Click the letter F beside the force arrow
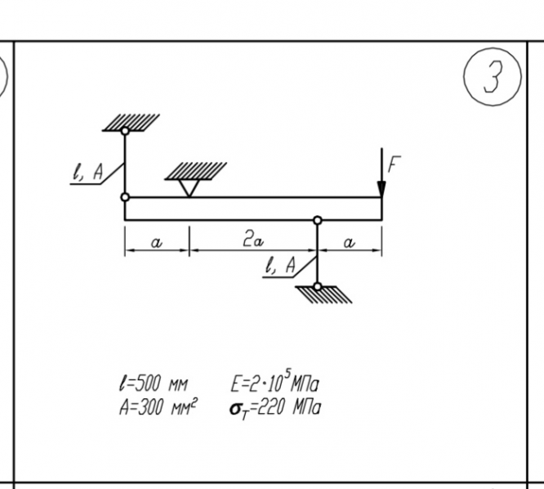coord(394,164)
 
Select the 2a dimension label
coord(252,240)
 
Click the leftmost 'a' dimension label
coord(157,242)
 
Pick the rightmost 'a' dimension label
coord(350,242)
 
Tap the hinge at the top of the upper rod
coord(125,131)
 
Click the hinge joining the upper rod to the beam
coord(125,197)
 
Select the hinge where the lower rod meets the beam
coord(318,220)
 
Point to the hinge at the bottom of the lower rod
coord(318,286)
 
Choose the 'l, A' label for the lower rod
coord(282,264)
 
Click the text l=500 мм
coord(154,384)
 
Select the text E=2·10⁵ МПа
coord(275,384)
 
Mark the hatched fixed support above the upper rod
coord(132,122)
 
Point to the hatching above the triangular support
coord(195,170)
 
